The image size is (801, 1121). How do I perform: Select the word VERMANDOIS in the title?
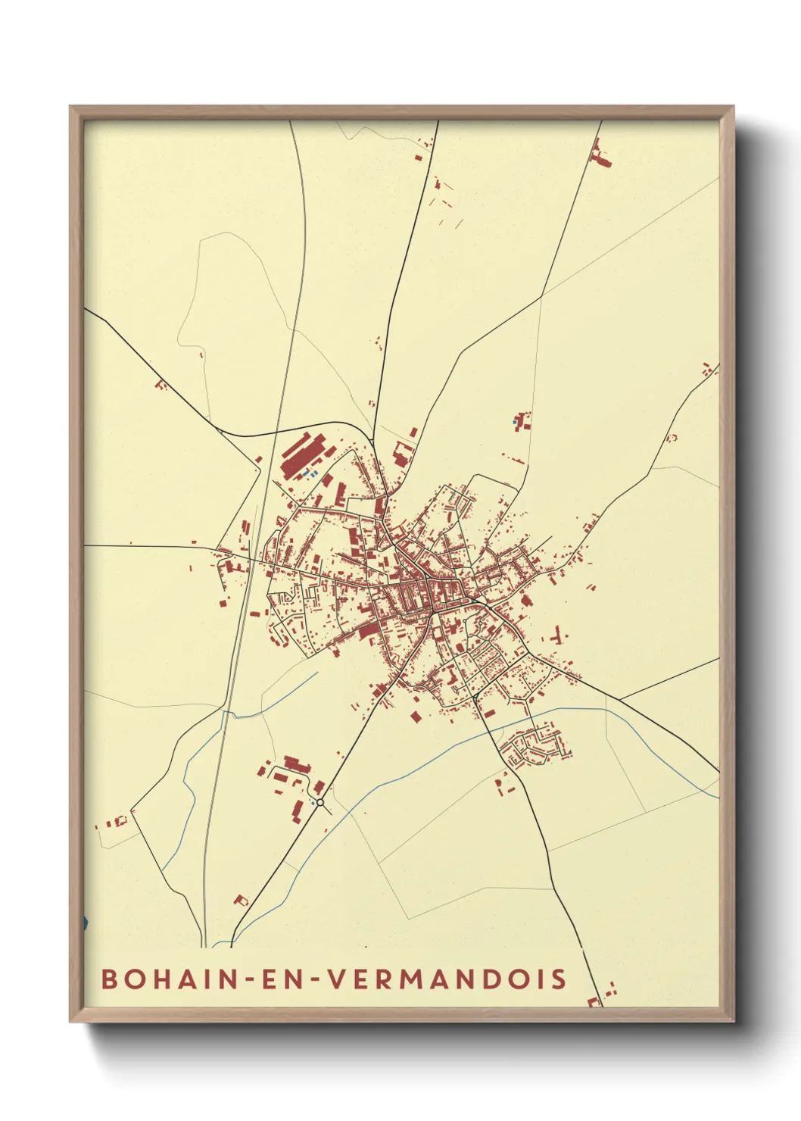click(x=447, y=979)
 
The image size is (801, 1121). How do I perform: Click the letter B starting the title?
click(x=109, y=979)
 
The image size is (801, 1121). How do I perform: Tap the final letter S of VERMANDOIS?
click(x=559, y=979)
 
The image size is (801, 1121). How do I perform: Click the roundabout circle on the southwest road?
click(x=320, y=801)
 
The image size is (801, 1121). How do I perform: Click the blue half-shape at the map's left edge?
click(x=85, y=923)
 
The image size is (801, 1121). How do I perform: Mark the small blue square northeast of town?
click(x=516, y=421)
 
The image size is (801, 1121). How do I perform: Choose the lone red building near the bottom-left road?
click(x=241, y=901)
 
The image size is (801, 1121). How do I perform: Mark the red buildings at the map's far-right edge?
click(x=709, y=370)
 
